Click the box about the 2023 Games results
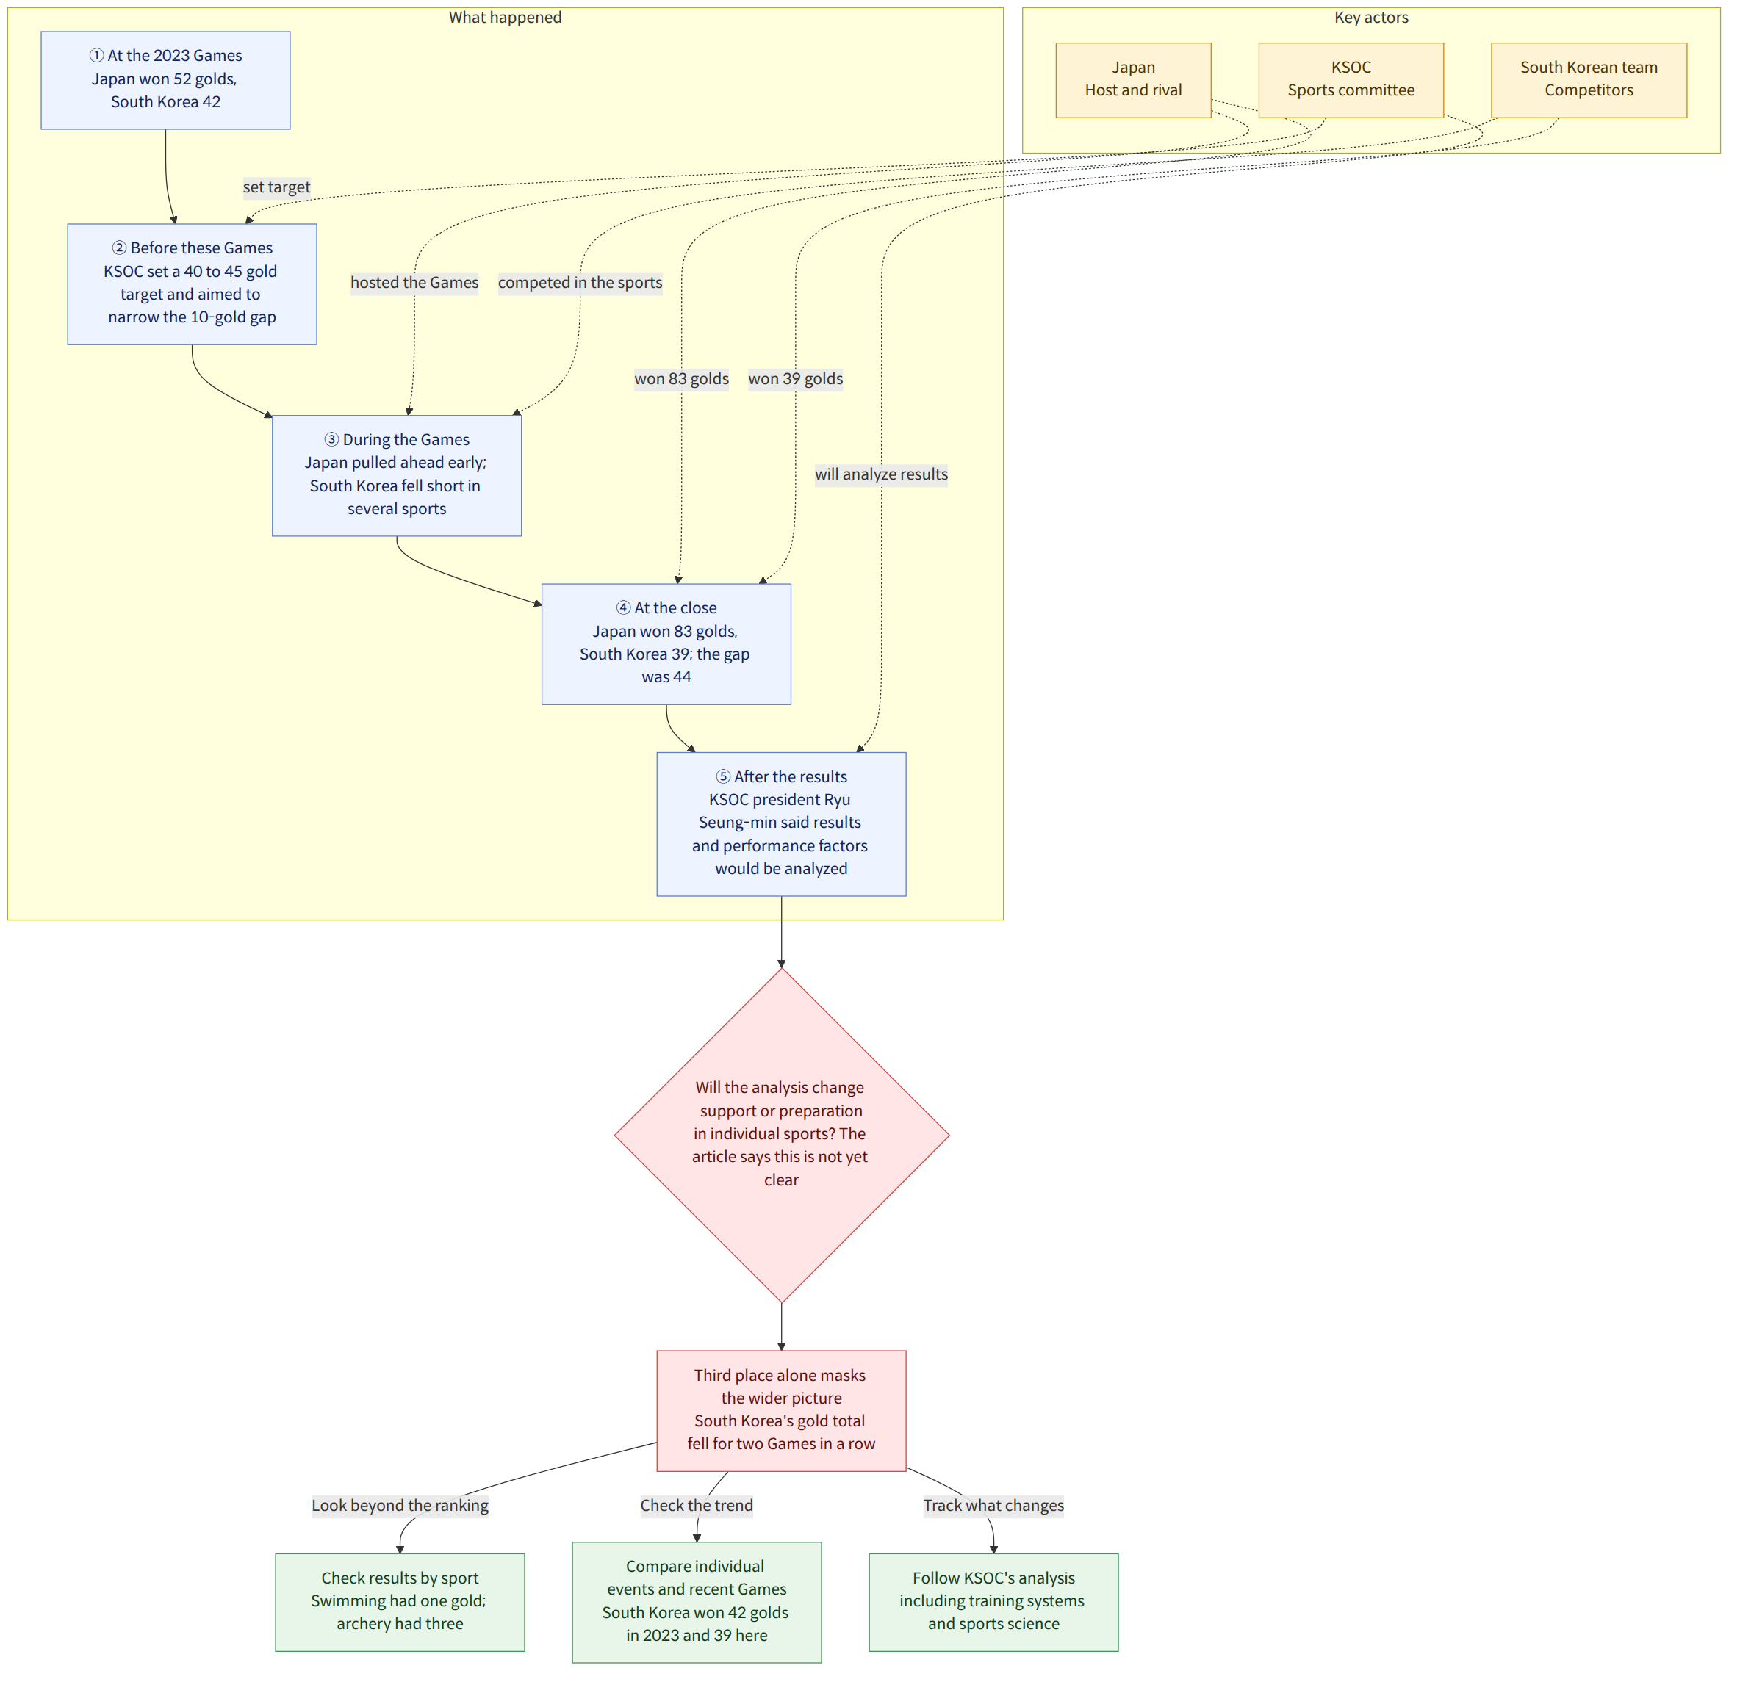(x=165, y=80)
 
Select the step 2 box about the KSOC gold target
(x=192, y=284)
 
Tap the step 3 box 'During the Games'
(x=397, y=475)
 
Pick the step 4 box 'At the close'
(x=666, y=643)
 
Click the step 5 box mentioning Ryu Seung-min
(x=781, y=823)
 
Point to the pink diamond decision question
(x=781, y=1134)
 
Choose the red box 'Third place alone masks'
(x=781, y=1410)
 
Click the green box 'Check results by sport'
(x=400, y=1601)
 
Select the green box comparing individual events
(x=697, y=1601)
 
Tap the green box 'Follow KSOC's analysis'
(x=993, y=1601)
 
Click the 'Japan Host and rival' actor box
(x=1134, y=80)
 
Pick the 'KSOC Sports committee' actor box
(x=1351, y=80)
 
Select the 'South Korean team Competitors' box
(x=1589, y=80)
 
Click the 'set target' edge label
(x=277, y=187)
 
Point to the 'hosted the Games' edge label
(x=414, y=283)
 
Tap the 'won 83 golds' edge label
(x=682, y=379)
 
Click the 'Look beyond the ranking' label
(x=400, y=1506)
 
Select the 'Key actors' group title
(x=1372, y=18)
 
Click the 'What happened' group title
(x=505, y=18)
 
